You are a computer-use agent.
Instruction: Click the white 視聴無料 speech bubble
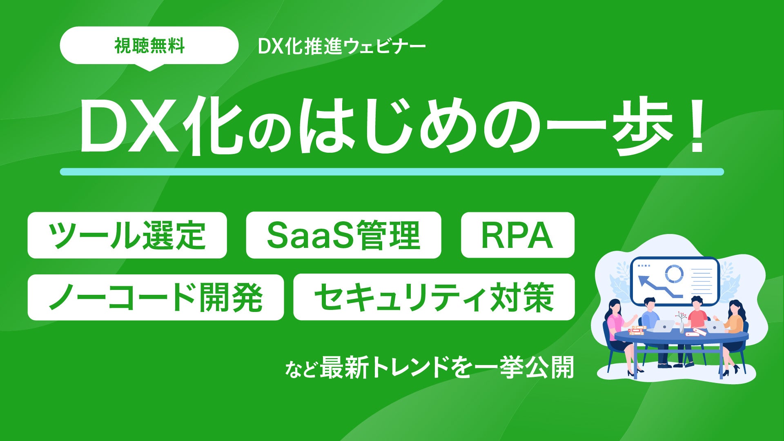coord(149,46)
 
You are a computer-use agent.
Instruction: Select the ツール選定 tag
coord(127,235)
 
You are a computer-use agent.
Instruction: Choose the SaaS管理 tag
coord(343,235)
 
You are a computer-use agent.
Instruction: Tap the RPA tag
coord(517,235)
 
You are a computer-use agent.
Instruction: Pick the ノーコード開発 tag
coord(156,297)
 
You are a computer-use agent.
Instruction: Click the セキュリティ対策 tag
coord(434,297)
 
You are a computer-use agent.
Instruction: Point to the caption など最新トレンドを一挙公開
coord(430,367)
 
